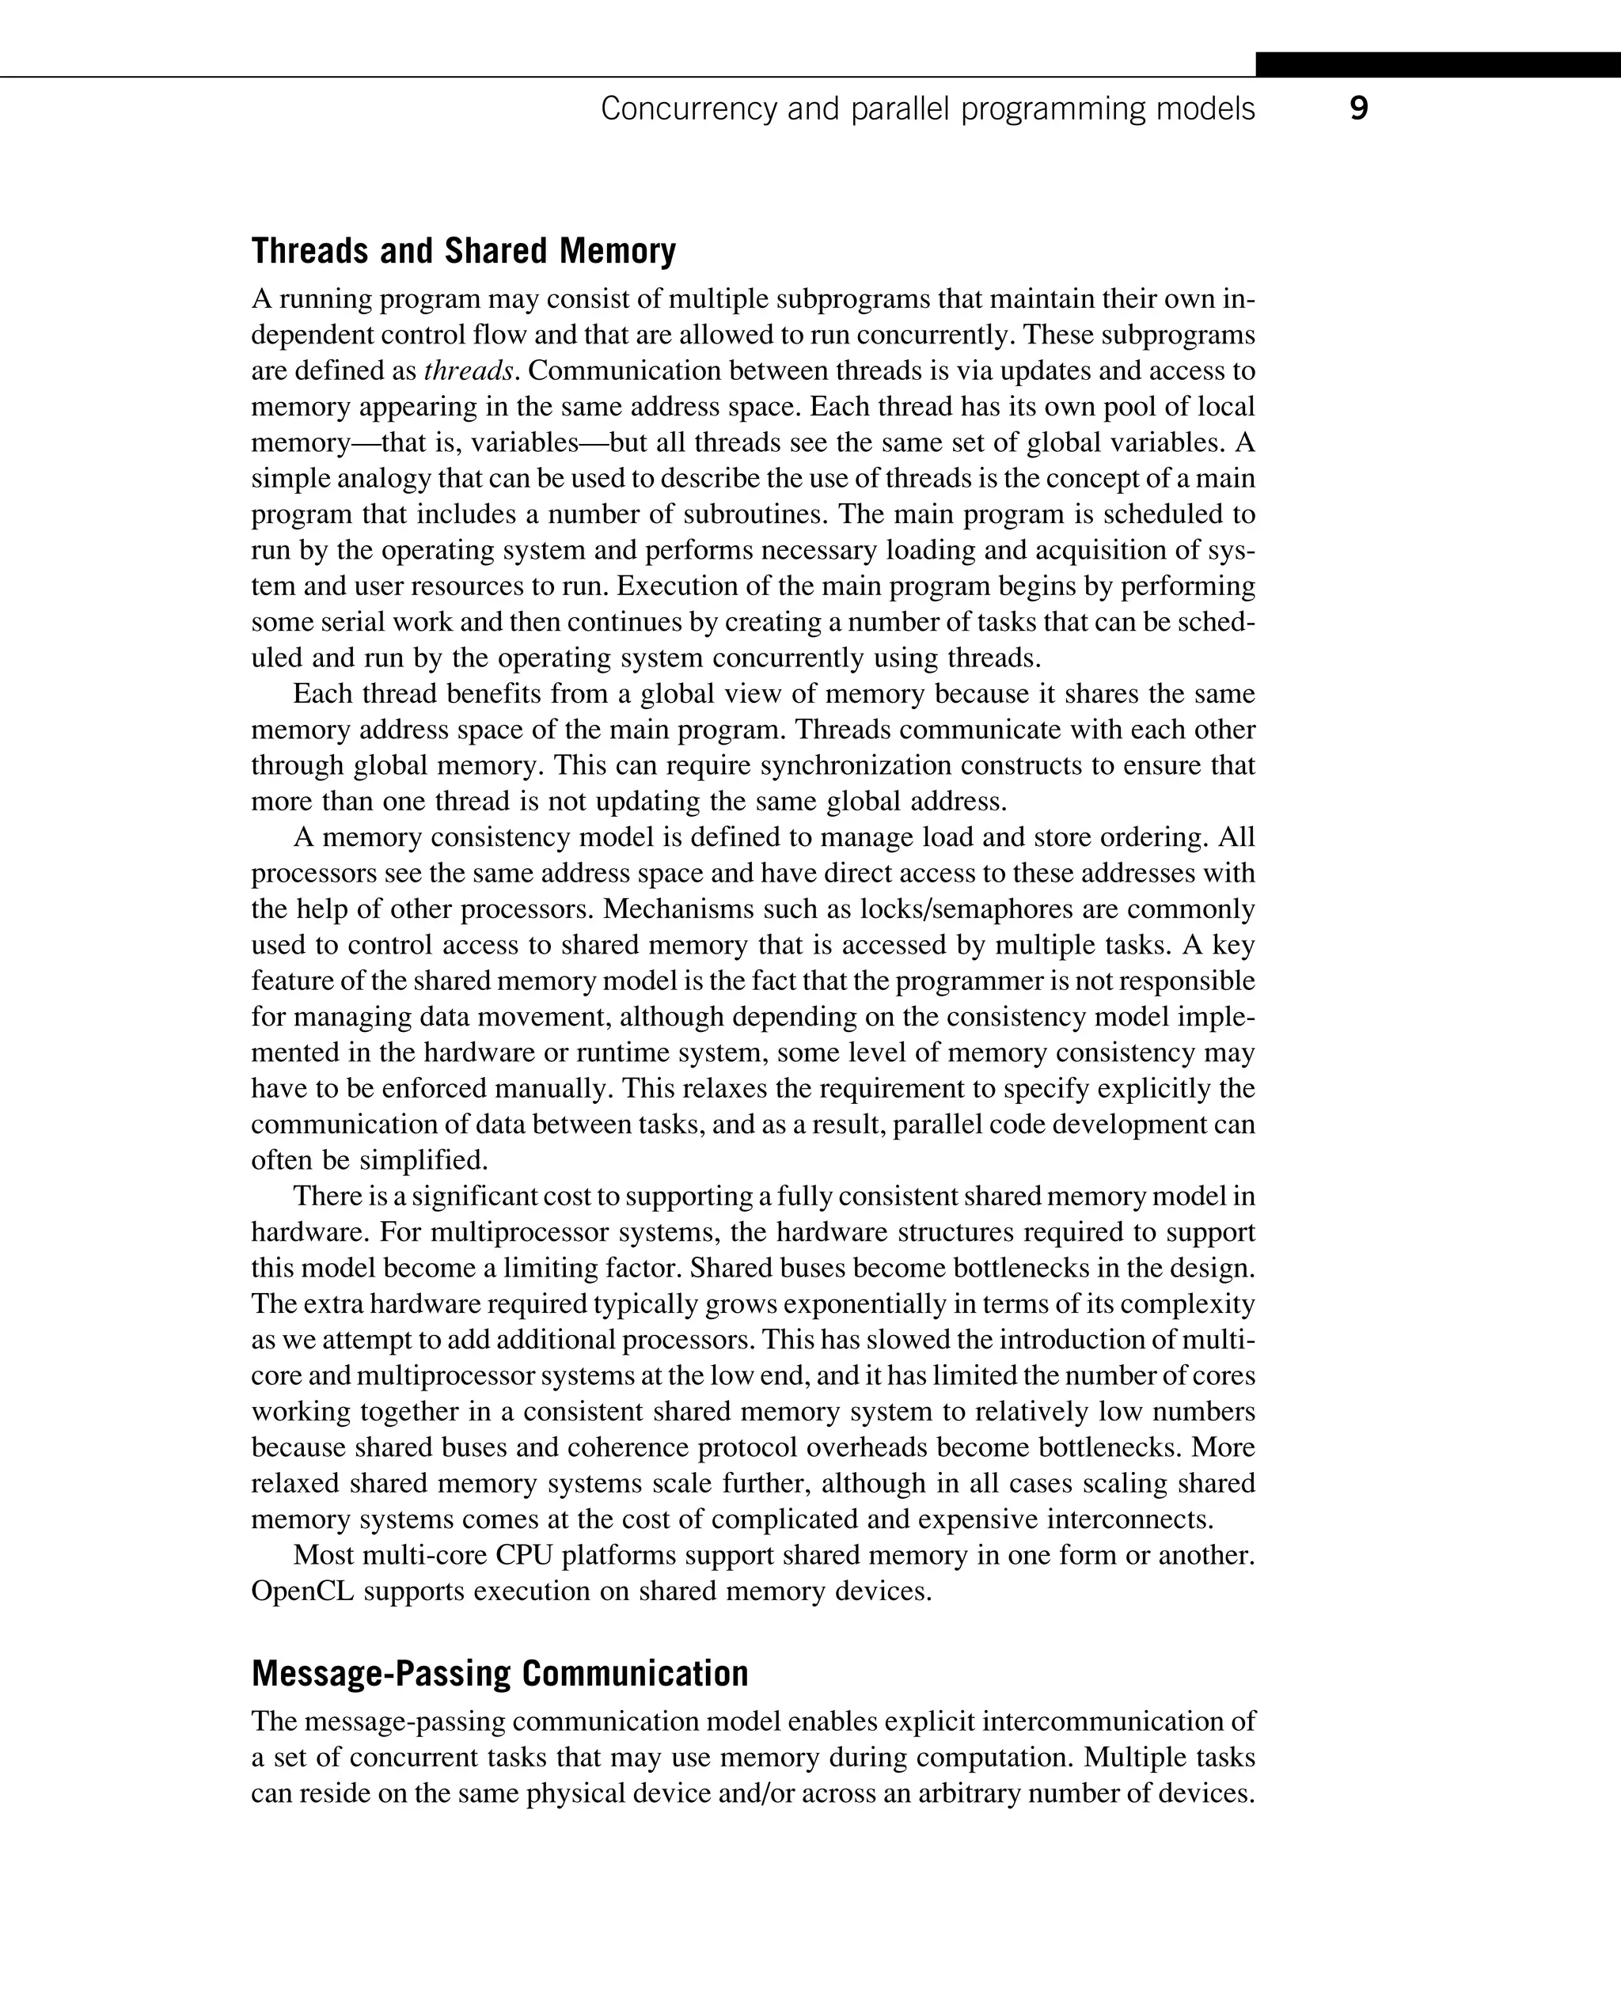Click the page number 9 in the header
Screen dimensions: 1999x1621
point(1358,109)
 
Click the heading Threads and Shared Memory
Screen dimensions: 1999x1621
point(463,250)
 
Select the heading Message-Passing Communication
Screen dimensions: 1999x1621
point(499,1673)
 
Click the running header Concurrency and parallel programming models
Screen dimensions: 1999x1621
point(927,109)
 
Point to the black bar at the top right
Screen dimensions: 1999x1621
point(1438,64)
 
